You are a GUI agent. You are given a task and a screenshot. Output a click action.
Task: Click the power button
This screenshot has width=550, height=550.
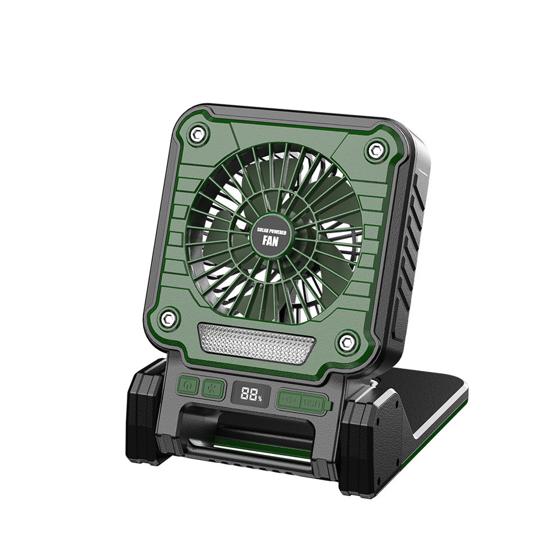pos(187,385)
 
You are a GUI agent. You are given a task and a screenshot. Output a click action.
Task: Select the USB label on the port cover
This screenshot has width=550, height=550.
pos(311,401)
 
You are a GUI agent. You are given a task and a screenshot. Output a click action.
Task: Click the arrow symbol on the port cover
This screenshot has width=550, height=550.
pos(290,400)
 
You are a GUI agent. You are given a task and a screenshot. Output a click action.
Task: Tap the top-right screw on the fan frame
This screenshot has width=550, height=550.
pos(375,151)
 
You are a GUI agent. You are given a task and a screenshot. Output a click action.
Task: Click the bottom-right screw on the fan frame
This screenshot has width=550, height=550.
pos(347,341)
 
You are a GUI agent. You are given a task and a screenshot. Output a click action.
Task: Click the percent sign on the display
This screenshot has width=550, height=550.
pos(260,398)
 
